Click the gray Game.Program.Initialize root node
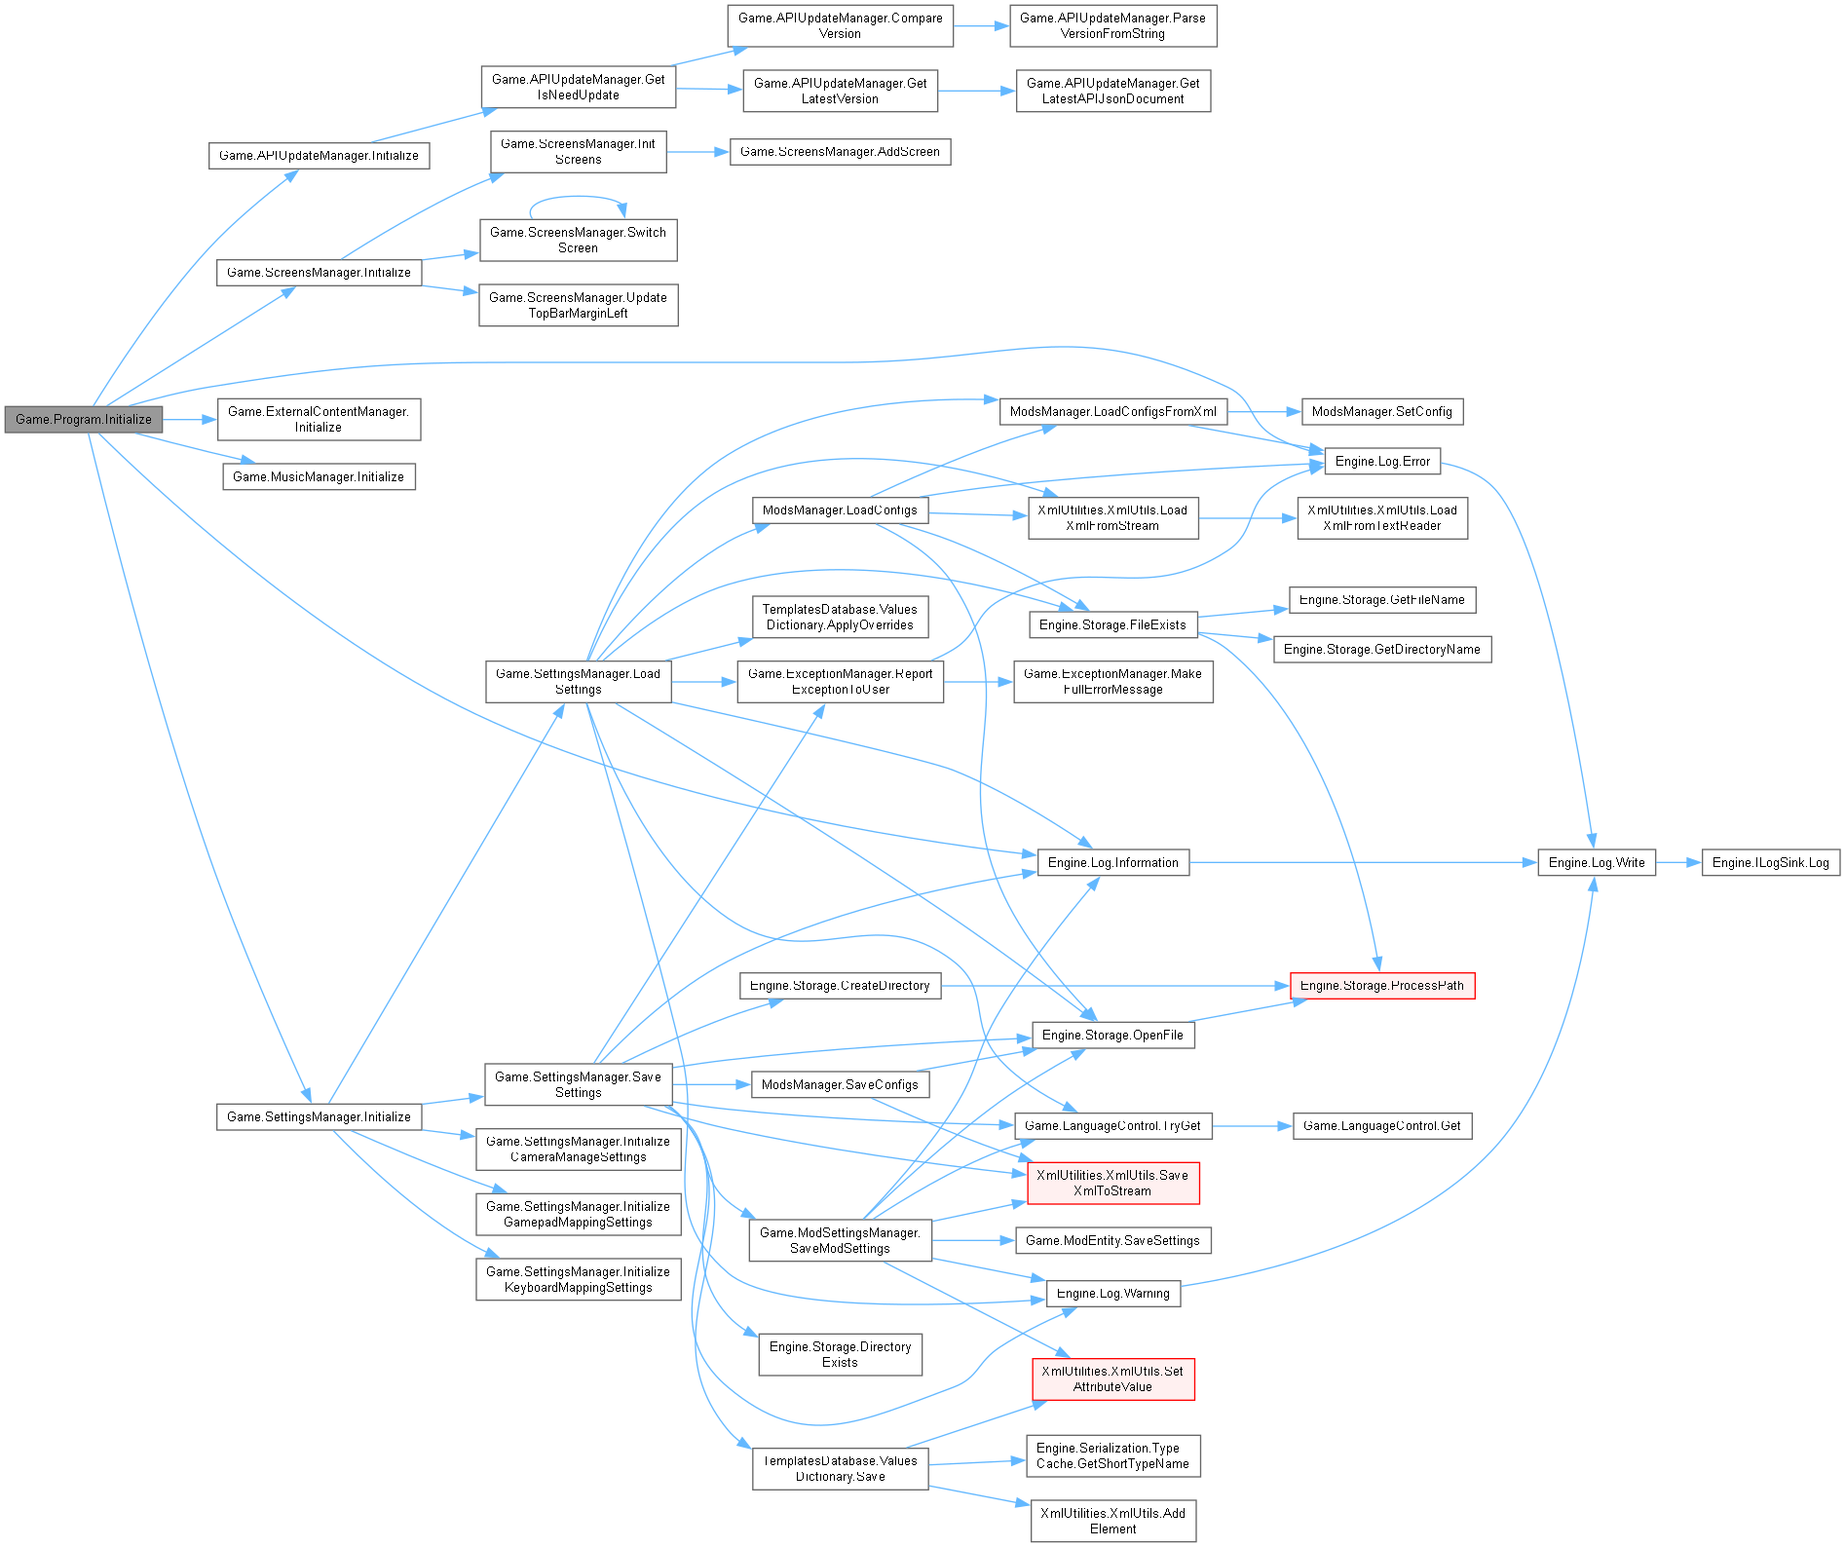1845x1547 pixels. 83,419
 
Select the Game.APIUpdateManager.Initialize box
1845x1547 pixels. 319,156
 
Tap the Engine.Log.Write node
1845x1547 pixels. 1596,862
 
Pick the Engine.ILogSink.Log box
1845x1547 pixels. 1770,862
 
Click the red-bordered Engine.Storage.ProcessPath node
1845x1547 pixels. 1381,986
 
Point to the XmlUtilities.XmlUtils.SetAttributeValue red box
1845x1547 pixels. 1112,1378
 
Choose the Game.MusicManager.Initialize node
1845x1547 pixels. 319,476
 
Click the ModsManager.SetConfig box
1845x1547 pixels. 1381,411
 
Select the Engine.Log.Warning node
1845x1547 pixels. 1112,1294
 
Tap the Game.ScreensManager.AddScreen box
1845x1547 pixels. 840,152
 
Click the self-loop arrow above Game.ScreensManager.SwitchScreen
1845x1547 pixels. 578,198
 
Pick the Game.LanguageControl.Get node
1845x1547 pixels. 1381,1126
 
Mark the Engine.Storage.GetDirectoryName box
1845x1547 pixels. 1381,650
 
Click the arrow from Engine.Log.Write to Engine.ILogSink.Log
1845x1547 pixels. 1677,862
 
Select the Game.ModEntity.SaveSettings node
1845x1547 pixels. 1112,1240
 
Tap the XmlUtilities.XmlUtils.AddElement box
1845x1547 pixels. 1112,1521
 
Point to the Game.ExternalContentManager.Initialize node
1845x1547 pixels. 319,419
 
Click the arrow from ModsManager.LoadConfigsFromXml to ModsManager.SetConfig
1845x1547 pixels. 1263,411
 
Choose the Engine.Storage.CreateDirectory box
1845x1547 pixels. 840,986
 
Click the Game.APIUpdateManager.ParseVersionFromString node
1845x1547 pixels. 1112,25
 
